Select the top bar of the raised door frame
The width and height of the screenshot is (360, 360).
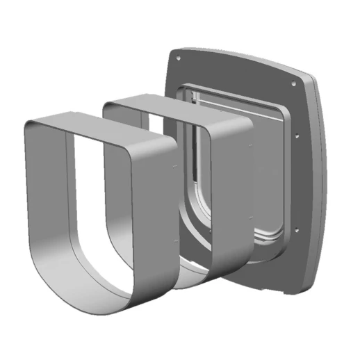(229, 93)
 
